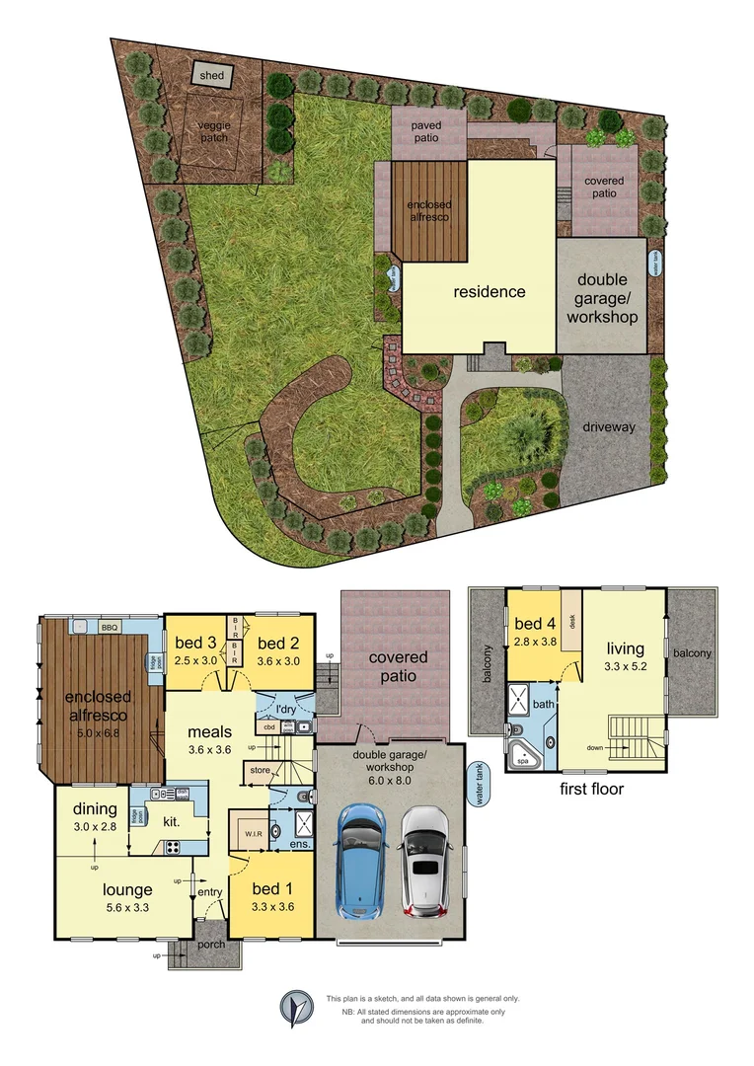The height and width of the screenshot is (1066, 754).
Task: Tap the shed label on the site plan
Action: click(212, 76)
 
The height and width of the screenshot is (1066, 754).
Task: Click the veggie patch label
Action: click(213, 131)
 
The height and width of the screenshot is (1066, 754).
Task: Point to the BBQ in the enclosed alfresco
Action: click(110, 627)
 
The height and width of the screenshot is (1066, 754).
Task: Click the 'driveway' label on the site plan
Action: click(609, 427)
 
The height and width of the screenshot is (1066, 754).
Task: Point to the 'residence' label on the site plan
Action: click(489, 291)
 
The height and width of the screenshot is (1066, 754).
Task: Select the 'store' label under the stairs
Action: click(260, 769)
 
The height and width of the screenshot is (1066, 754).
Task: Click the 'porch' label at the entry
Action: click(210, 945)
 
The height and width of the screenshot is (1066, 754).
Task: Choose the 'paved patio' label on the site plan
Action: click(426, 132)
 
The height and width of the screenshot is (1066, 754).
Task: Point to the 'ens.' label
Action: click(300, 844)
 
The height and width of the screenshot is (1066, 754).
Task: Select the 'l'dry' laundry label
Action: click(286, 711)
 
